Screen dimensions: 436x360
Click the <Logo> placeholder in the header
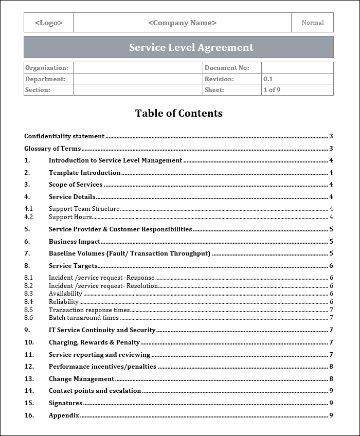48,23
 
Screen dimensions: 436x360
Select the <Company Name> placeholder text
182,23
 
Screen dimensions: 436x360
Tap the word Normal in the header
312,23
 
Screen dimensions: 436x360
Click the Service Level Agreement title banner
191,47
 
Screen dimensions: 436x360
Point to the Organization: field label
47,68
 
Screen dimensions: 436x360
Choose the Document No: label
227,68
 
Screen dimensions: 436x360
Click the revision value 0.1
268,79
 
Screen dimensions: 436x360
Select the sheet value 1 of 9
272,90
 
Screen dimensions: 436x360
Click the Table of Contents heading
178,113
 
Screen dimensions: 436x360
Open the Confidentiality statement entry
64,136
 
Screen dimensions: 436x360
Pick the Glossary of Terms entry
52,149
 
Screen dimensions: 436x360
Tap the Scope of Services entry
76,185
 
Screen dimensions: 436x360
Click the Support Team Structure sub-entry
84,209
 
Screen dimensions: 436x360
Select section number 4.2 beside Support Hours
28,217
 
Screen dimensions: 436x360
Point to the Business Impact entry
75,242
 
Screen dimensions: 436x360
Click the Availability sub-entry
65,294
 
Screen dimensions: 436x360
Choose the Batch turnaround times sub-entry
83,318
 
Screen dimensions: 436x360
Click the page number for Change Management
331,379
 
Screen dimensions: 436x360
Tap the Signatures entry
65,403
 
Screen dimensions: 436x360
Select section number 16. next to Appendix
29,415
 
